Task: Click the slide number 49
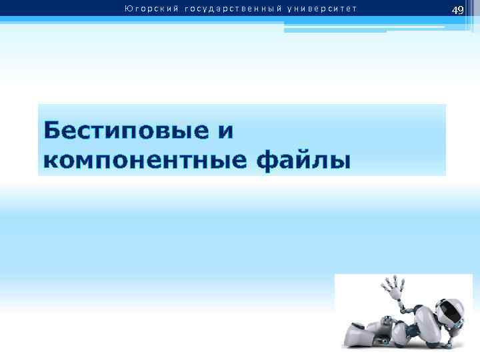coord(457,10)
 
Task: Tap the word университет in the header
coord(321,9)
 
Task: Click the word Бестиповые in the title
coord(126,130)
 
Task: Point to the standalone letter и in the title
coord(225,131)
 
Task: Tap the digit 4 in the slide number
coord(454,10)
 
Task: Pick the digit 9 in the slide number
coord(461,10)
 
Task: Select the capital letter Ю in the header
coord(127,9)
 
